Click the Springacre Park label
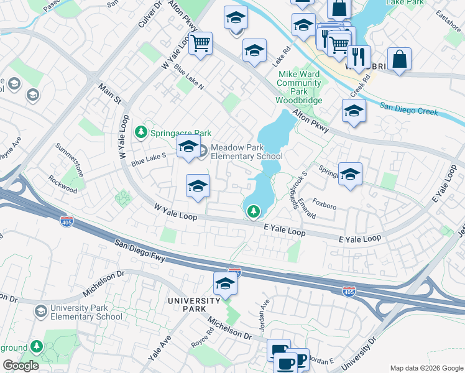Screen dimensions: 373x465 click(x=180, y=133)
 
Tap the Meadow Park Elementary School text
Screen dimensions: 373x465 click(x=246, y=152)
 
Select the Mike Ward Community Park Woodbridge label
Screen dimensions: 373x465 click(x=299, y=87)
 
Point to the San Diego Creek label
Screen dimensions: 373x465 click(x=409, y=109)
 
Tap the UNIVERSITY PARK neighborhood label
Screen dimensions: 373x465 click(x=195, y=305)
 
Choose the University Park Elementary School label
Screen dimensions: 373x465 click(x=86, y=312)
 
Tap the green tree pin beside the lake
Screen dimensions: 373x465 click(x=254, y=212)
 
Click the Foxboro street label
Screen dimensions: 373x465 click(x=325, y=201)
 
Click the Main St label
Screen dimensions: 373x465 click(x=109, y=95)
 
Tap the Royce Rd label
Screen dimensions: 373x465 click(x=203, y=340)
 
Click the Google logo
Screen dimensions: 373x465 click(x=21, y=366)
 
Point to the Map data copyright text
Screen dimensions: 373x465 click(x=426, y=368)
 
